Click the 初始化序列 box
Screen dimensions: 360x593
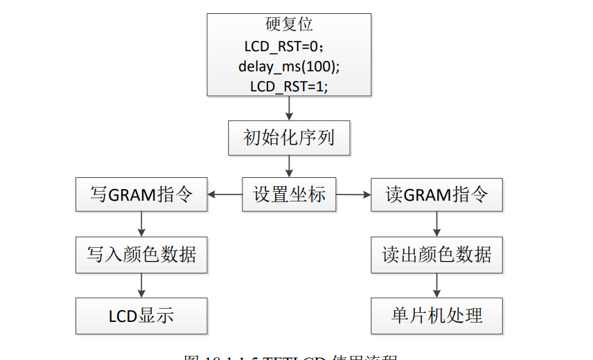point(289,138)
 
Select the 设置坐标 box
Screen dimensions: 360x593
point(289,195)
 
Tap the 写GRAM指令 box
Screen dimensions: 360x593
point(141,195)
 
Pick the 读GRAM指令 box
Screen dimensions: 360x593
point(436,195)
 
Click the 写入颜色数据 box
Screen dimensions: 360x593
point(141,254)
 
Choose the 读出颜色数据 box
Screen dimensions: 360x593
point(436,254)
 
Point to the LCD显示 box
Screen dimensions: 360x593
point(141,316)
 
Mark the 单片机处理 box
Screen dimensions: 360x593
point(436,316)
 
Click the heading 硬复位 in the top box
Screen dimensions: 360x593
point(289,24)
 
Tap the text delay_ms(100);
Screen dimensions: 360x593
point(289,66)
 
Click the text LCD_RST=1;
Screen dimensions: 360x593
point(289,86)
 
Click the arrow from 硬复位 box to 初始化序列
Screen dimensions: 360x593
point(289,108)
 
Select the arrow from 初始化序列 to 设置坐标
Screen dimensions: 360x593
point(289,166)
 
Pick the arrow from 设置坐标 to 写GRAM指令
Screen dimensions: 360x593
point(225,195)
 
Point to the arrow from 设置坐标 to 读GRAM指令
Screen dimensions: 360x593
point(353,195)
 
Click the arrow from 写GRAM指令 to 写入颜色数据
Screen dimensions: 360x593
point(141,224)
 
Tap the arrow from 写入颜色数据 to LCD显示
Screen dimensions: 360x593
point(141,285)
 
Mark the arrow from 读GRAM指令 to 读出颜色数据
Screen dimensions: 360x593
point(436,224)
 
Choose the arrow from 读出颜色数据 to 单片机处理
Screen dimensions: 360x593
point(436,285)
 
